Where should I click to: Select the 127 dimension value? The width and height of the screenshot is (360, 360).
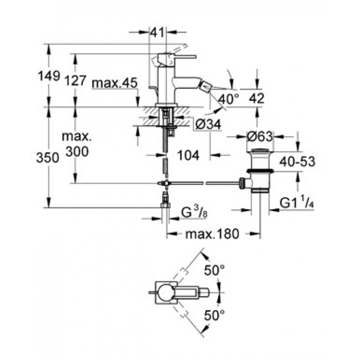76,81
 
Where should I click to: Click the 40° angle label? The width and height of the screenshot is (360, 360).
229,99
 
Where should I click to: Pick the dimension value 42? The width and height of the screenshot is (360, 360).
257,98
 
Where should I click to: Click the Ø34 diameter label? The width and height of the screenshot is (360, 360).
208,126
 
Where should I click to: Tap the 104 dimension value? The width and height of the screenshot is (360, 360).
188,155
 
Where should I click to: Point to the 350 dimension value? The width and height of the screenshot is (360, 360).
49,157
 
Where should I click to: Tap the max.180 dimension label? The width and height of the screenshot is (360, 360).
213,233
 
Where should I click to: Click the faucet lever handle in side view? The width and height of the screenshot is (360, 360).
180,57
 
